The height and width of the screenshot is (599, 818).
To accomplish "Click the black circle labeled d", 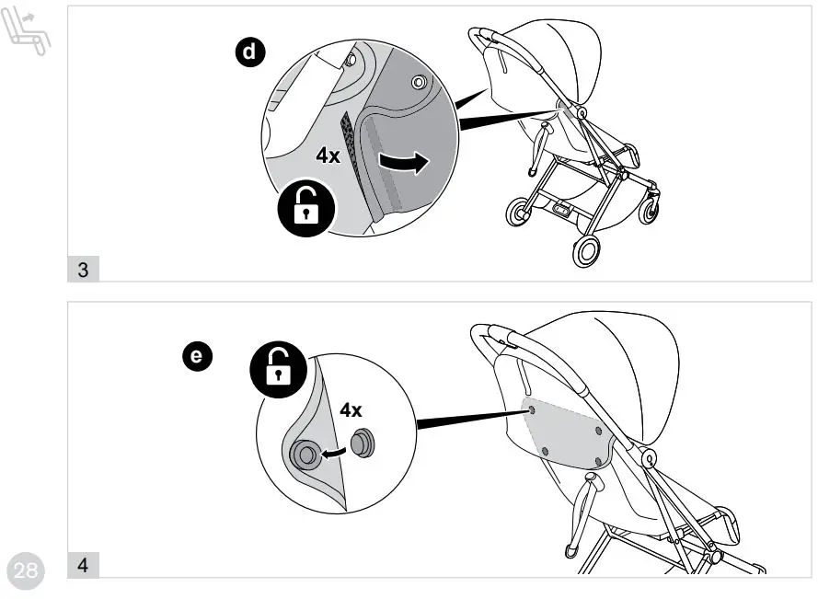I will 248,53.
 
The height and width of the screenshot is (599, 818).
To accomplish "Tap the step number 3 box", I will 84,270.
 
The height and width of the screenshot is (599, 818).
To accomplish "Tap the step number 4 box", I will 84,563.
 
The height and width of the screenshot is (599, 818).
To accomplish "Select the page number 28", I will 26,570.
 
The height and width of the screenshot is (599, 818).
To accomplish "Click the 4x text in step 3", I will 328,156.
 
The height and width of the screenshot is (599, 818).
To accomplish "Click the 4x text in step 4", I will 351,411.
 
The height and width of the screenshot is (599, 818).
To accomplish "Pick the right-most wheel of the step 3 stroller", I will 652,208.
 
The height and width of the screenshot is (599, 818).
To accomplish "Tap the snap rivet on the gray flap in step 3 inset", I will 420,83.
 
